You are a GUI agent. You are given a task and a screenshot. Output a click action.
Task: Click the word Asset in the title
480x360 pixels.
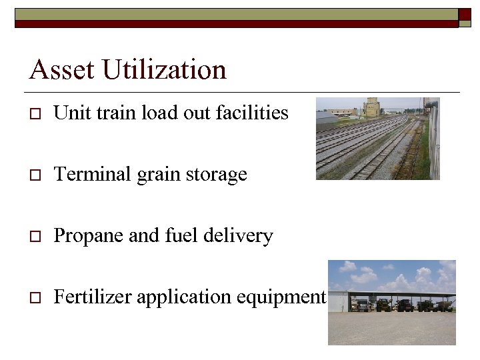[57, 70]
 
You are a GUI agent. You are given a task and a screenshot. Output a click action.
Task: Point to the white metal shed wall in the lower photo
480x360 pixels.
[339, 302]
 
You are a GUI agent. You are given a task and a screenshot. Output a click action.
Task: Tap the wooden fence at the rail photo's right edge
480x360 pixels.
[433, 143]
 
